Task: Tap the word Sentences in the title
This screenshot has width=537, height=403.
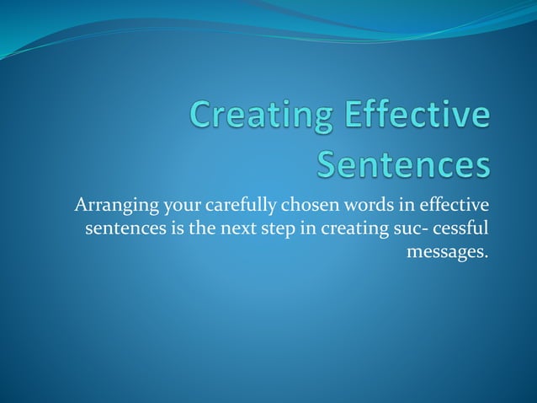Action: coord(403,164)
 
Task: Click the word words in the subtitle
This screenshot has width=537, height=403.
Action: coord(348,206)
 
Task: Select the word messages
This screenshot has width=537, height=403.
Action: coord(447,251)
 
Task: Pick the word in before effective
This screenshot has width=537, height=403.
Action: coord(380,206)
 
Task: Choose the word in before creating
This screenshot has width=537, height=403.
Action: coord(295,228)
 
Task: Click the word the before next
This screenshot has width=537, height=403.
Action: coord(195,228)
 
